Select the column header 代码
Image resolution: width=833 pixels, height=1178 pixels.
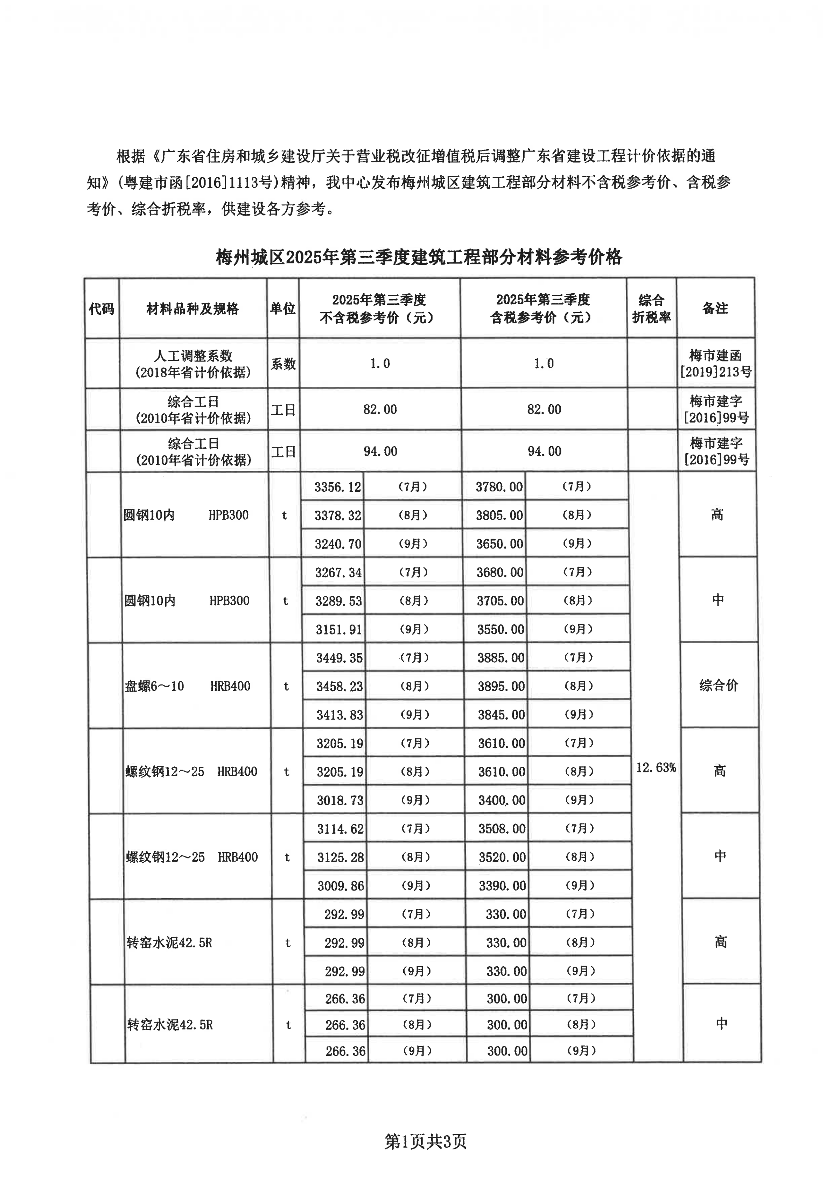(101, 308)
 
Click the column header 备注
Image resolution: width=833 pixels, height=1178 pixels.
(715, 308)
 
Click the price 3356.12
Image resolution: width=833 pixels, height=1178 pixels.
(338, 487)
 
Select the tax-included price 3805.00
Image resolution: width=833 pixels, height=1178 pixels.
(499, 515)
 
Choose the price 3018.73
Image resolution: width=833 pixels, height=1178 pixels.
(340, 800)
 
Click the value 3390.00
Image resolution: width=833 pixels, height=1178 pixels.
(502, 885)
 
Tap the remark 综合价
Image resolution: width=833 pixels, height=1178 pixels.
(719, 686)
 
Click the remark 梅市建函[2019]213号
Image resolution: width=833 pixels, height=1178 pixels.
(715, 363)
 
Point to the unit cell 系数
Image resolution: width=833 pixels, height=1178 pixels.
(283, 364)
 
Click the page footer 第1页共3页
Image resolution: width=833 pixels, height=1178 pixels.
(426, 1141)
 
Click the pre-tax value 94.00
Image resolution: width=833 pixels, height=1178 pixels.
(380, 451)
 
